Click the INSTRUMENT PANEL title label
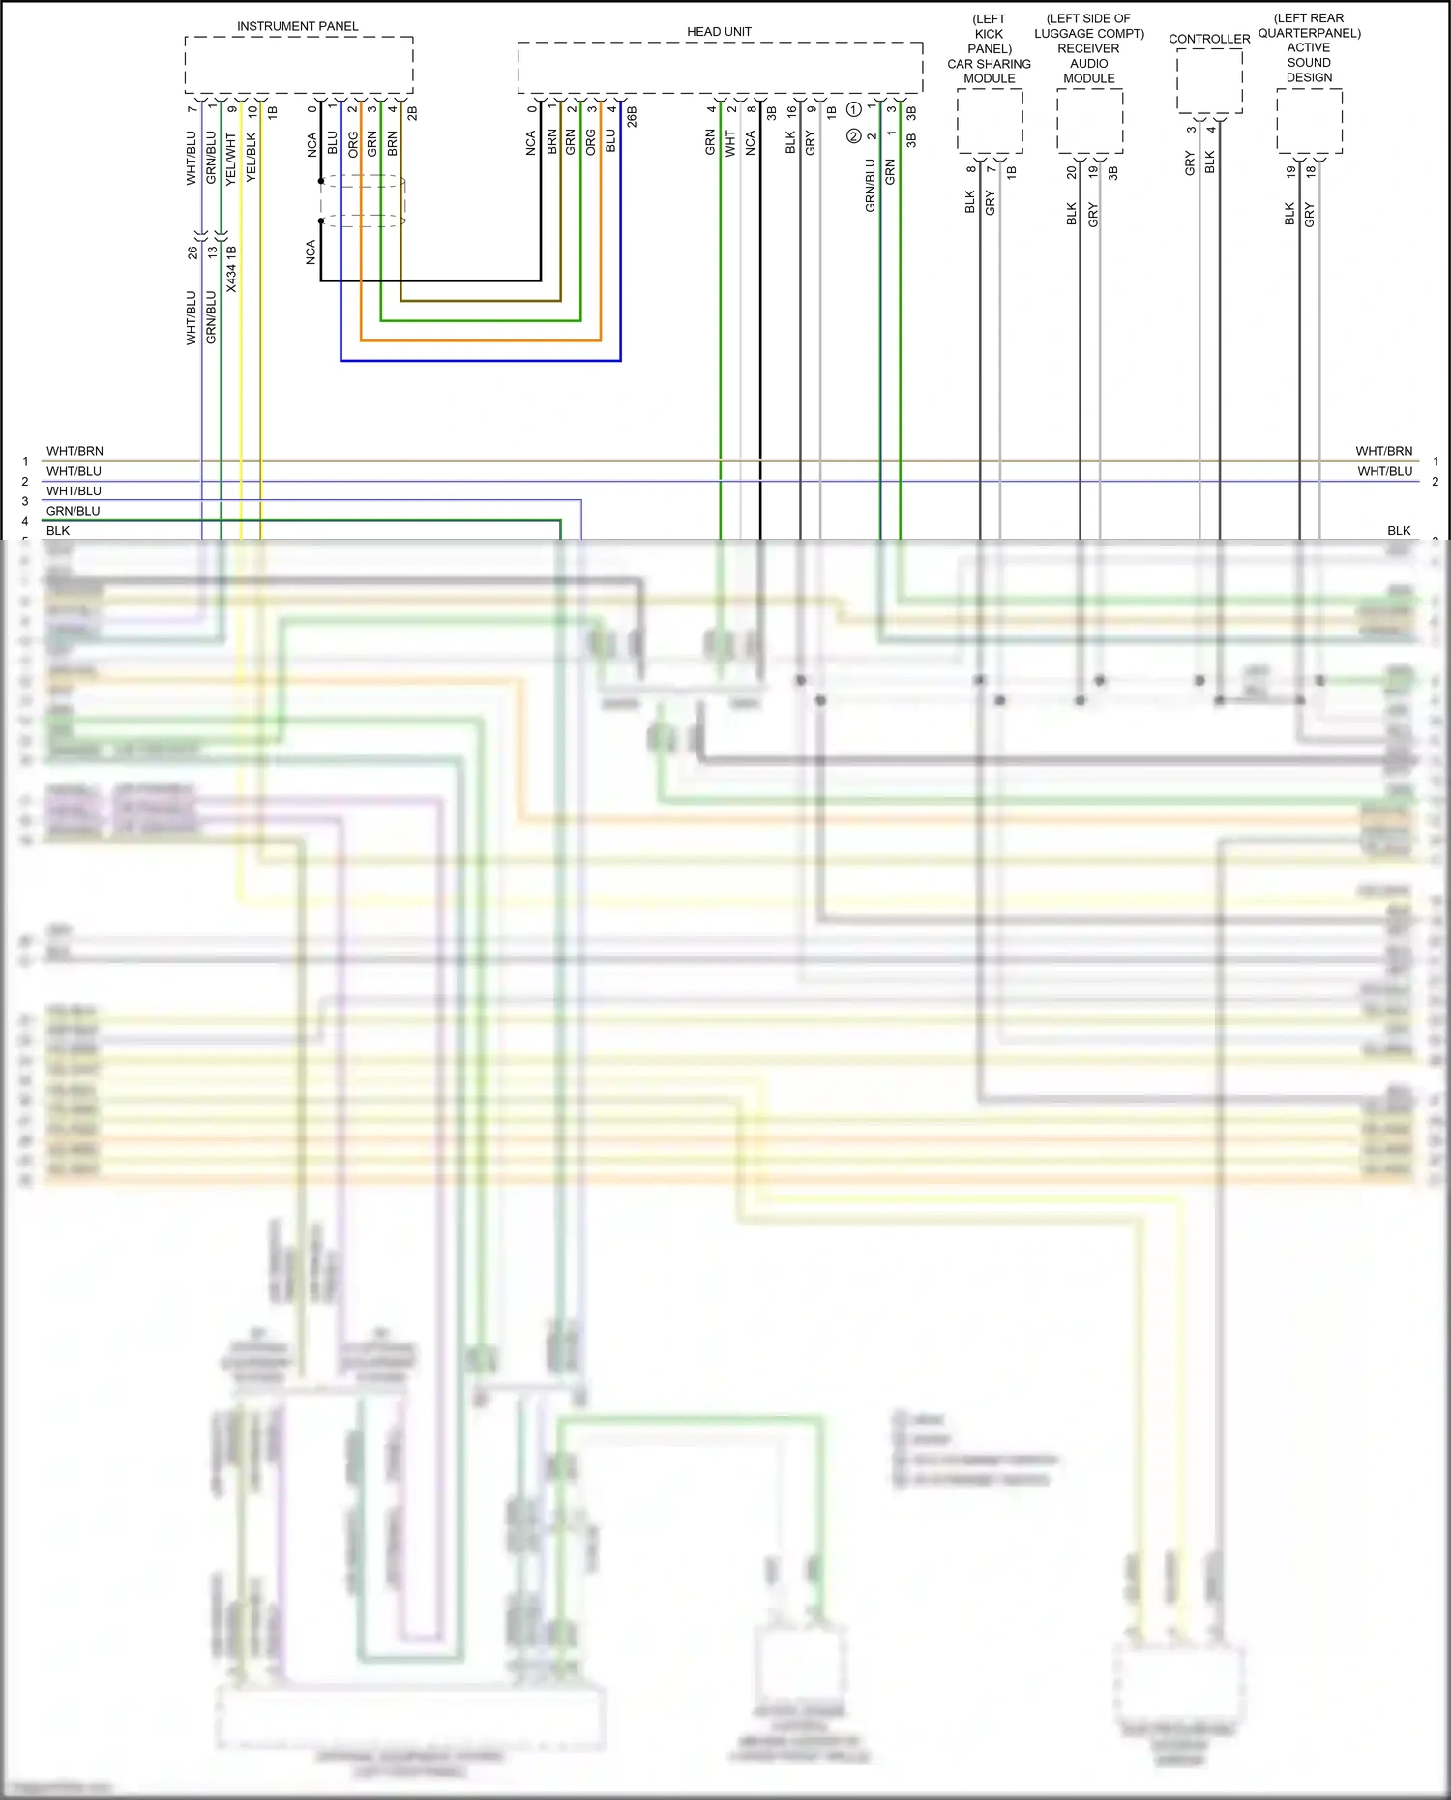click(297, 26)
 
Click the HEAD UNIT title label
click(719, 32)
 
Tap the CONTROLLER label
click(1209, 39)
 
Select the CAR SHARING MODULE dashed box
click(990, 121)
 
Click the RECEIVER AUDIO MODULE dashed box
click(1089, 121)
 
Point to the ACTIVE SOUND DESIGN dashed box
click(1309, 120)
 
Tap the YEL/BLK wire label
click(252, 158)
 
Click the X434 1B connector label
click(231, 269)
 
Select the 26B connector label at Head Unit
click(632, 117)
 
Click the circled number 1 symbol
click(854, 109)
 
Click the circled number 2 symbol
click(853, 136)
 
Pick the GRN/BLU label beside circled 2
click(870, 186)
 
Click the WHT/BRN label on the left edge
click(74, 451)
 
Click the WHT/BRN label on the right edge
click(1383, 451)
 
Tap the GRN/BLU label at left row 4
click(74, 511)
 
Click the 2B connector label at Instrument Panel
click(412, 112)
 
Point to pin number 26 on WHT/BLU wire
click(192, 251)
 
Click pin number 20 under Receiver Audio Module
click(1072, 172)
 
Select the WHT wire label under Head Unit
click(730, 143)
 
